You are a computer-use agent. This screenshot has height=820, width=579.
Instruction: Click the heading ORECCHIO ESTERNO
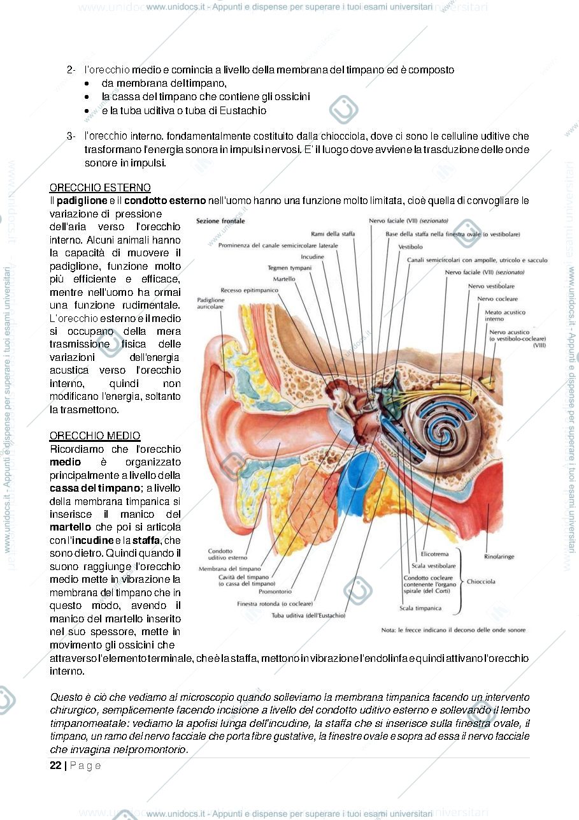point(100,187)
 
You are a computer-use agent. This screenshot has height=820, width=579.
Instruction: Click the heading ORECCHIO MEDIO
point(95,436)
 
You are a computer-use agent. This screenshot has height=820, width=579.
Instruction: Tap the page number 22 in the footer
point(55,765)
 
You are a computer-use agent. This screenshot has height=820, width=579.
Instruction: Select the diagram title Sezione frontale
point(220,221)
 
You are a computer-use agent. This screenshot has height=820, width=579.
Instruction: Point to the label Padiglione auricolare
point(210,303)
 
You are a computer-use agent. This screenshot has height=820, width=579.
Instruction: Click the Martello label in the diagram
point(284,279)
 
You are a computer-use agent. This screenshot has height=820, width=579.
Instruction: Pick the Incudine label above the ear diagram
point(312,257)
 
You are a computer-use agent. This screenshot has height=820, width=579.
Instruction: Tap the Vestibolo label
point(410,247)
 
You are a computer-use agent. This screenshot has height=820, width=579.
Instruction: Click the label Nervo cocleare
point(497,298)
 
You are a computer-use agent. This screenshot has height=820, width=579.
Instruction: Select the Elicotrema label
point(434,554)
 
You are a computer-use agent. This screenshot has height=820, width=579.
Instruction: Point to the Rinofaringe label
point(499,557)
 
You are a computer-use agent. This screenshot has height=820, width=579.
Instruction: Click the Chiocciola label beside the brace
point(481,582)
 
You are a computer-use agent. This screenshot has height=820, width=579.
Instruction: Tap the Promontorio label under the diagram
point(275,591)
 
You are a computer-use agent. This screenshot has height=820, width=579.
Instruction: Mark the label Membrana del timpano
point(230,569)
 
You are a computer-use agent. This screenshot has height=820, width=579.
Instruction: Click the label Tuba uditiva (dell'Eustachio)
point(308,615)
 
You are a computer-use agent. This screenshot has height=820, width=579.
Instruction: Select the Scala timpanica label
point(420,608)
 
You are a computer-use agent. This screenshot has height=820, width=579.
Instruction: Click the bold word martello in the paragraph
point(70,527)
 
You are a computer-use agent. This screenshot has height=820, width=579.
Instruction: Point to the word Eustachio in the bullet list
point(243,110)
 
